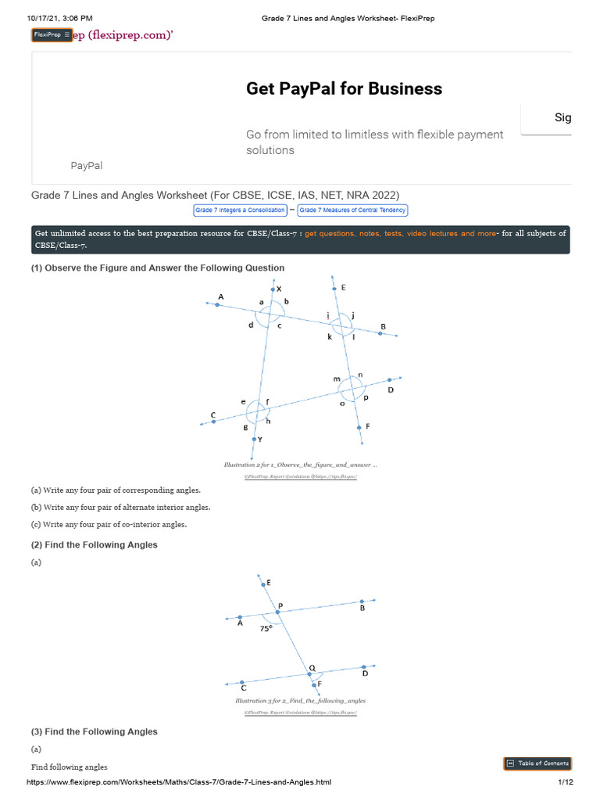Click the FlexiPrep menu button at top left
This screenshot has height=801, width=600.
coord(52,35)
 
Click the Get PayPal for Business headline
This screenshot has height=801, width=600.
coord(344,88)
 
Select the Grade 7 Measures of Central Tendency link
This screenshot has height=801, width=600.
coord(352,210)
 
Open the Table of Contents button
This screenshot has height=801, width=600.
coord(537,763)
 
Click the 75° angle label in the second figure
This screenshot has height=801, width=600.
coord(266,627)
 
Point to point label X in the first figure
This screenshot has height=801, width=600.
coord(279,289)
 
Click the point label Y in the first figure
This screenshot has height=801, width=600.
coord(260,440)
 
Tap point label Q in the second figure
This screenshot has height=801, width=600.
coord(312,667)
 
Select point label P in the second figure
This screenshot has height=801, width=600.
coord(280,605)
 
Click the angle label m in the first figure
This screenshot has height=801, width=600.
coord(337,379)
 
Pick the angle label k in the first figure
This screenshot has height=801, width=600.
coord(330,336)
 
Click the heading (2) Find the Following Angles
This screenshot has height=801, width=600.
coord(94,544)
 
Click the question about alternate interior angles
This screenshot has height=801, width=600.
coord(120,507)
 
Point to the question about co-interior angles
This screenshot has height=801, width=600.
coord(109,524)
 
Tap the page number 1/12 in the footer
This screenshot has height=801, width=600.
coord(566,782)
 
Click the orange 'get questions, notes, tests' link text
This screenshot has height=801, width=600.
coord(400,234)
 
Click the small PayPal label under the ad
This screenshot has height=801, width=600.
coord(86,166)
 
